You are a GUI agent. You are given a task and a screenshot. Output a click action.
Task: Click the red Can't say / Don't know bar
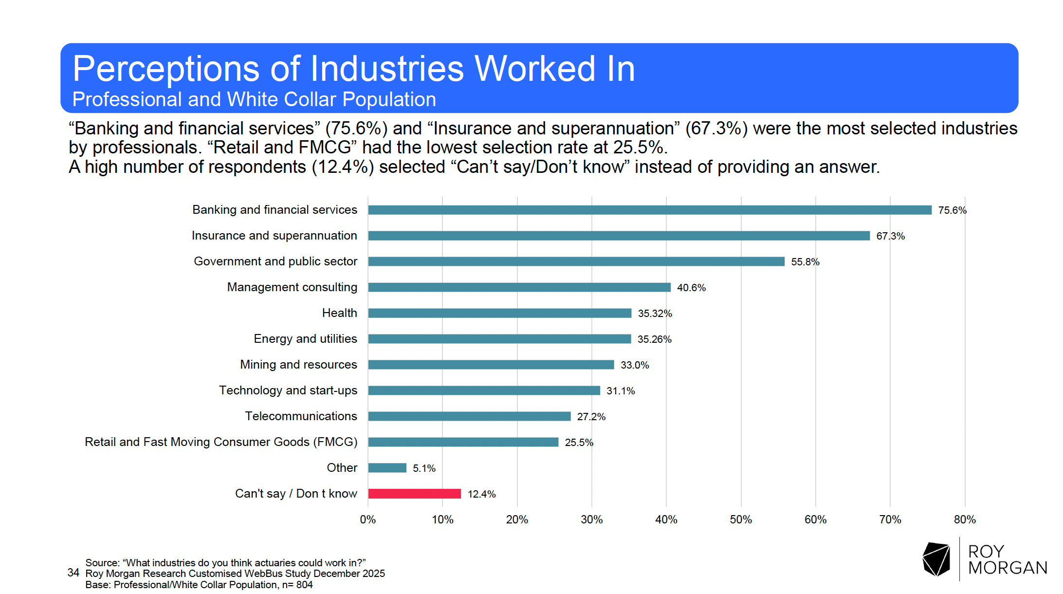point(414,494)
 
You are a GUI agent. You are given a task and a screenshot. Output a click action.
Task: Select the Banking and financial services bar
point(649,210)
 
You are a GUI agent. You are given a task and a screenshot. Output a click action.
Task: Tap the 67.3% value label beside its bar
point(890,236)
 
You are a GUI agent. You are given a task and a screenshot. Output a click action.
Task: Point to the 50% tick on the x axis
point(740,520)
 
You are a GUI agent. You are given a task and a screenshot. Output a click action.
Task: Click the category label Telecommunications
point(301,416)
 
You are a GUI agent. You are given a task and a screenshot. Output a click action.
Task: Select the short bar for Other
point(387,468)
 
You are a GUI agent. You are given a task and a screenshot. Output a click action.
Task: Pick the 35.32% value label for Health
point(655,314)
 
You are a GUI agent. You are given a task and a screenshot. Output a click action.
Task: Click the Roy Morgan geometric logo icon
point(936,559)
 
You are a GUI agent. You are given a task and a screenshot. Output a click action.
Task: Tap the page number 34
point(73,573)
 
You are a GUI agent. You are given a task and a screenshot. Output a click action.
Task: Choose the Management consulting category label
point(292,287)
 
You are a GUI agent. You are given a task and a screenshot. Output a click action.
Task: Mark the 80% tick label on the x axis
point(964,520)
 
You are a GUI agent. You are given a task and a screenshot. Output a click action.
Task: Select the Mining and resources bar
point(491,365)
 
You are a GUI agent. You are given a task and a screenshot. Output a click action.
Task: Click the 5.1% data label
point(424,468)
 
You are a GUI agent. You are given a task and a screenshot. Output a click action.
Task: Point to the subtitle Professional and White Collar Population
point(254,99)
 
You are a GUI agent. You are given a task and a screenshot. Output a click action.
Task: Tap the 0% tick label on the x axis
point(367,520)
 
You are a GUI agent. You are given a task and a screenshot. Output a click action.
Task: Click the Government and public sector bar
point(576,261)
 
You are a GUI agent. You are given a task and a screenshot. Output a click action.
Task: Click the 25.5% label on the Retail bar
point(579,443)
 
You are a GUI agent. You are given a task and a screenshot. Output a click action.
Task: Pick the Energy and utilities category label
point(305,339)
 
